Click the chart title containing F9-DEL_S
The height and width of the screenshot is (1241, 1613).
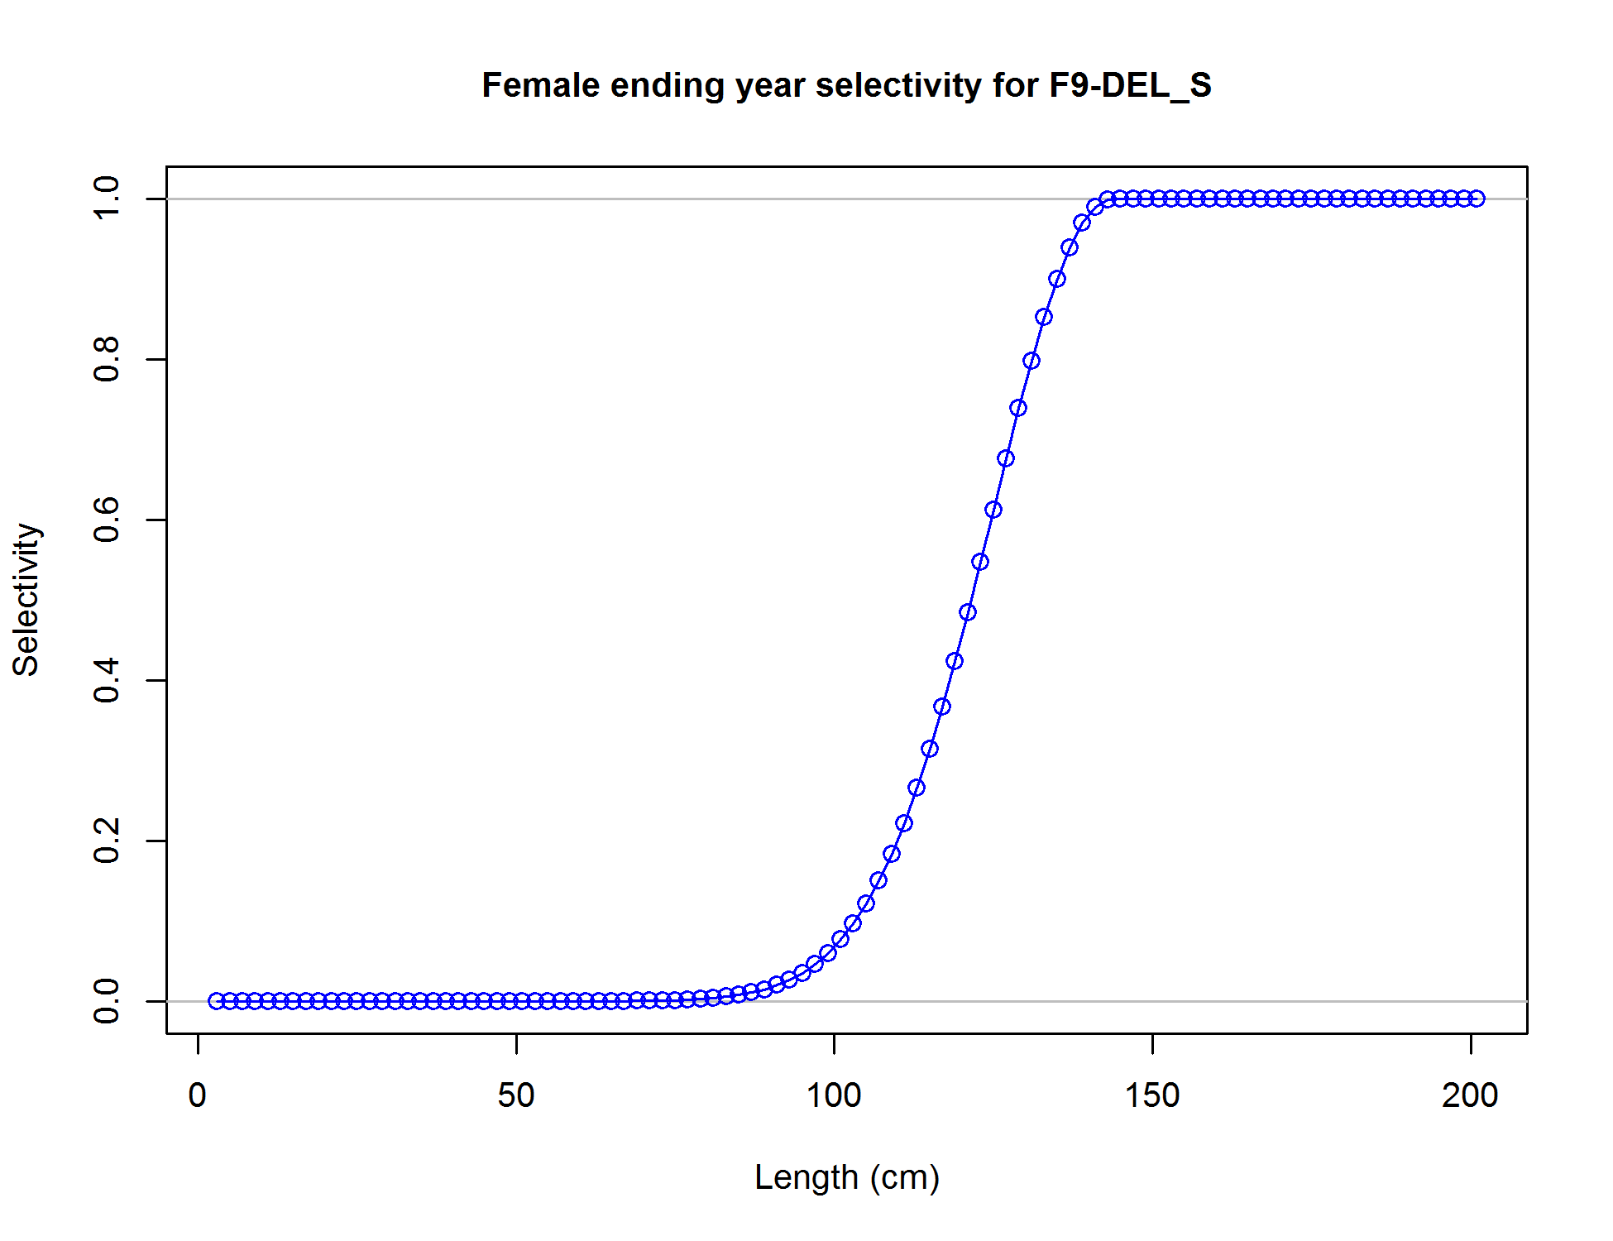(846, 85)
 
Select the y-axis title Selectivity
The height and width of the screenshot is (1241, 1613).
(26, 600)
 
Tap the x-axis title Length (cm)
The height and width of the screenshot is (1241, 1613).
(847, 1177)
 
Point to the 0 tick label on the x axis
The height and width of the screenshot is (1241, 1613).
(198, 1095)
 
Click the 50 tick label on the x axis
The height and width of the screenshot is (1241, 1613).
(516, 1095)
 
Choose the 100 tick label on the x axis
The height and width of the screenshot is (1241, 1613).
(834, 1095)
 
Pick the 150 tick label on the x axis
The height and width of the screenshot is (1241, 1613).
(1152, 1095)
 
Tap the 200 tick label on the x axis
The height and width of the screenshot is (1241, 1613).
(1470, 1095)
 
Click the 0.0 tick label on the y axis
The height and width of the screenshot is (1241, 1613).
(108, 1001)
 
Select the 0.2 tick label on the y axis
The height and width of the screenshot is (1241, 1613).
(108, 841)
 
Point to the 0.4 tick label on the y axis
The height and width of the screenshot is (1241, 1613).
(108, 680)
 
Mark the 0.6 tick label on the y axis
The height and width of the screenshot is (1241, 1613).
(108, 520)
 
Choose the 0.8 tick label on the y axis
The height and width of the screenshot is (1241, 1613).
(108, 359)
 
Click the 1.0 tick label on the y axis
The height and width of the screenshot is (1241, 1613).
(108, 199)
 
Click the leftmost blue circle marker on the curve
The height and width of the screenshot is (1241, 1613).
(217, 1001)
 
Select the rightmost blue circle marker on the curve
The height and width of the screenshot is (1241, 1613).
(1477, 199)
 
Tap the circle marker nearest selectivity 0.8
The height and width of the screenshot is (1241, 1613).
(1031, 361)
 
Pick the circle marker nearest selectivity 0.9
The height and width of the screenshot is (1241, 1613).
(1057, 279)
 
